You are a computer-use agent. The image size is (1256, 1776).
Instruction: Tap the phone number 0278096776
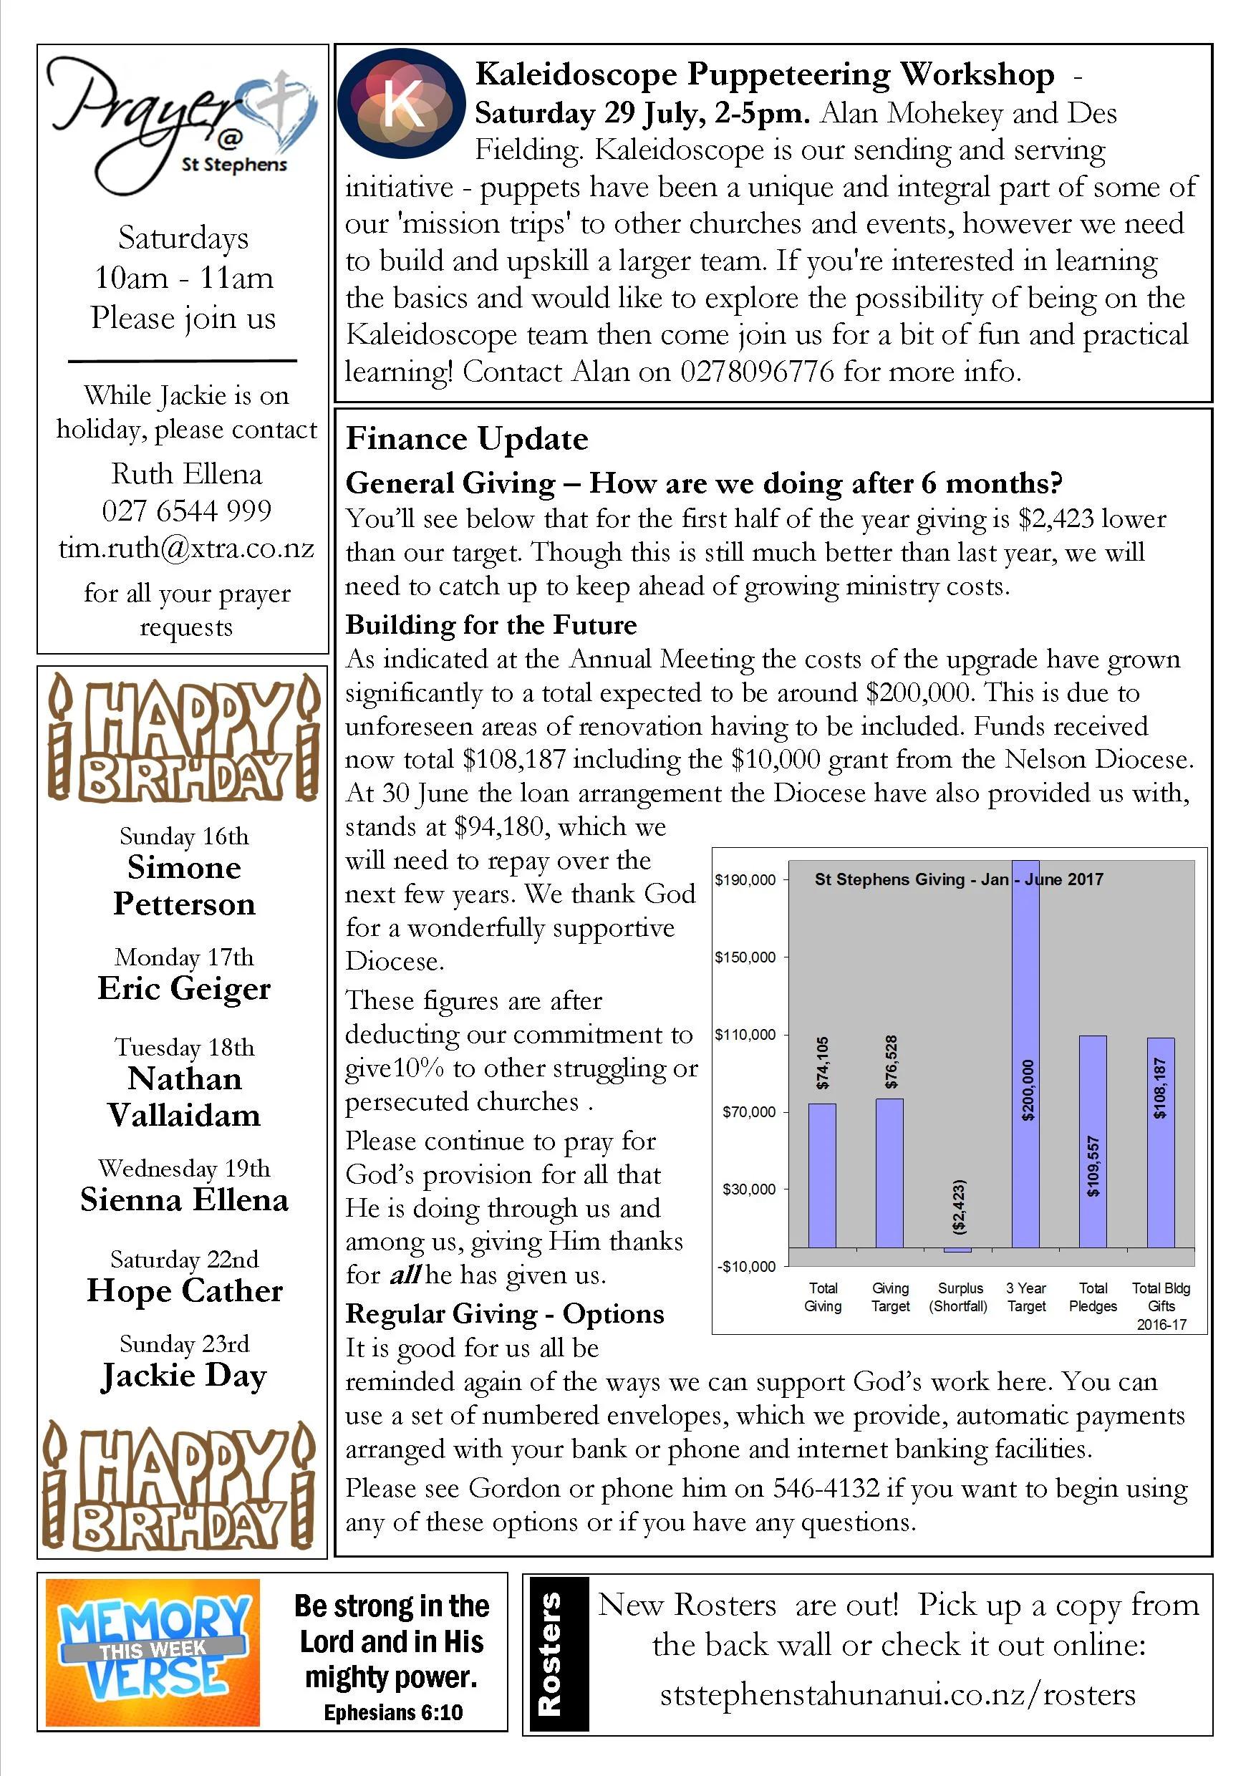point(756,372)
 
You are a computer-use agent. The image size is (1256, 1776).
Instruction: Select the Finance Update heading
point(466,438)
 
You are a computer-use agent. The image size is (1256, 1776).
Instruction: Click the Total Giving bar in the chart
point(822,1175)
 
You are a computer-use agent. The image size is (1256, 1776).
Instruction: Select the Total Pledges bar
point(1093,1141)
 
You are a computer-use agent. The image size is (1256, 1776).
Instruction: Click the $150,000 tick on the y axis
point(745,957)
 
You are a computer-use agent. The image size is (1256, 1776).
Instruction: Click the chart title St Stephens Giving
point(958,879)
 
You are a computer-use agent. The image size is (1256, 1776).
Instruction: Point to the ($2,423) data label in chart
point(959,1206)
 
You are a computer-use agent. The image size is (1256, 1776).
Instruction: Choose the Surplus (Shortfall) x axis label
point(959,1297)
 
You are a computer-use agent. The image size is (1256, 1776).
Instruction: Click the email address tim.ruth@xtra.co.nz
point(186,549)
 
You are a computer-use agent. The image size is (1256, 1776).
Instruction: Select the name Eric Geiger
point(184,989)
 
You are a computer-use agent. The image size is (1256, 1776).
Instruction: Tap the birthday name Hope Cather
point(185,1291)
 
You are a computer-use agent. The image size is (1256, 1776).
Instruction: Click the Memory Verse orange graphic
point(153,1653)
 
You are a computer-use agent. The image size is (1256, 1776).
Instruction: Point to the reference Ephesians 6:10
point(393,1712)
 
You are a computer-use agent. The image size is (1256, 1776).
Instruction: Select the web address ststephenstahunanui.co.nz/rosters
point(897,1694)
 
